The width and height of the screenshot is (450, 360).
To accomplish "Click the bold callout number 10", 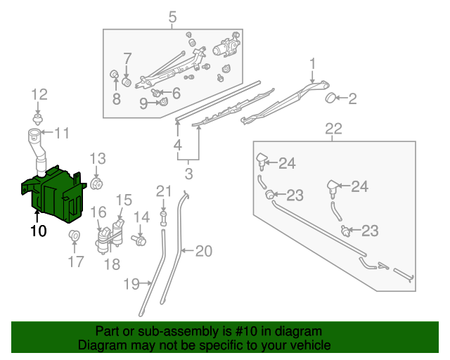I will (x=38, y=230).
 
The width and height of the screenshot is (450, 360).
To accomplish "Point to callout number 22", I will (x=333, y=129).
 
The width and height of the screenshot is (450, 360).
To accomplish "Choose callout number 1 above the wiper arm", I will (x=312, y=65).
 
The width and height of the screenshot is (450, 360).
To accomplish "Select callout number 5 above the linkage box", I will (x=172, y=17).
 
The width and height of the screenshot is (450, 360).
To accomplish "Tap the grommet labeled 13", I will (x=97, y=185).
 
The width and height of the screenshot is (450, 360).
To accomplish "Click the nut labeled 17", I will (x=73, y=233).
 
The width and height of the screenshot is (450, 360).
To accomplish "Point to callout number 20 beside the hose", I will (x=202, y=250).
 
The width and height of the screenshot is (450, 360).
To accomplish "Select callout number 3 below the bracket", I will (x=188, y=174).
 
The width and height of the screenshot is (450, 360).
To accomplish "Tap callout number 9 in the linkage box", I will (x=143, y=103).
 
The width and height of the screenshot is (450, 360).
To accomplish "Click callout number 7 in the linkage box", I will (x=127, y=58).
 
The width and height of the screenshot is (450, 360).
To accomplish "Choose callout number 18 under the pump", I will (x=112, y=264).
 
